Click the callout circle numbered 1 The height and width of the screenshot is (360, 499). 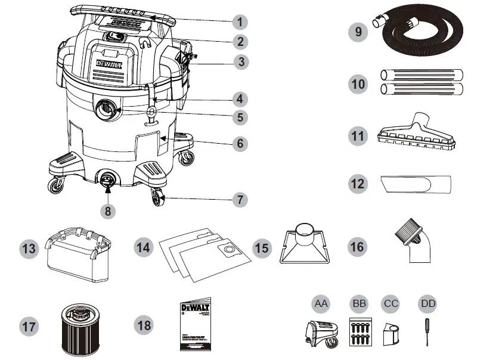[x=240, y=22]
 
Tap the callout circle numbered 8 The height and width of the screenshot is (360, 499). [x=109, y=210]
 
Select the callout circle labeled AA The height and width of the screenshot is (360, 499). [x=321, y=304]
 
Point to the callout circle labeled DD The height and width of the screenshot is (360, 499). [x=427, y=304]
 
